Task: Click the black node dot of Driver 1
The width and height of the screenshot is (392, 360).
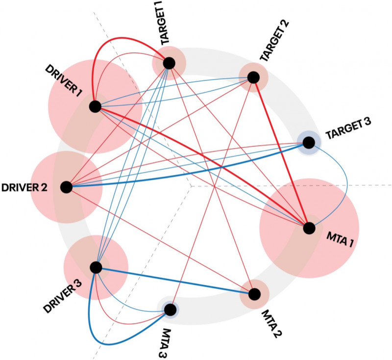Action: coord(95,106)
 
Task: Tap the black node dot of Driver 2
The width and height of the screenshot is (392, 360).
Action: coord(66,187)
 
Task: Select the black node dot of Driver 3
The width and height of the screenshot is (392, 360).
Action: coord(96,267)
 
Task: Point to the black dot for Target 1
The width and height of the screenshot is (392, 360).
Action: coord(169,63)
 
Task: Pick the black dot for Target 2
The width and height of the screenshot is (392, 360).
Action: coord(253,77)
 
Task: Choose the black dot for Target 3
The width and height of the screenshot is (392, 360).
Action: coord(308,143)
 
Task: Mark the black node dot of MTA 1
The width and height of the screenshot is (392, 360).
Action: coord(308,228)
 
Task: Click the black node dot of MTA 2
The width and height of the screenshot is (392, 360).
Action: coord(254,294)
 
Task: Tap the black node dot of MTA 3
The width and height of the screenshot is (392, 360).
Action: coord(170,310)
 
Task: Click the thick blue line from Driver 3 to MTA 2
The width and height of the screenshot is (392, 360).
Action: coord(175,281)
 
